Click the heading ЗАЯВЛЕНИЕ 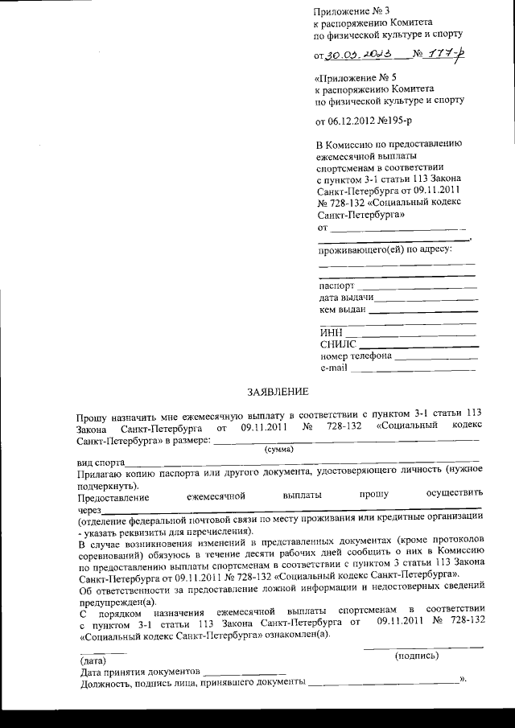[277, 392]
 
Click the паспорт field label [336, 285]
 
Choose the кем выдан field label [343, 309]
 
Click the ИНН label [331, 332]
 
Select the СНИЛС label [338, 344]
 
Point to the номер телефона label [356, 356]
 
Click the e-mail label [333, 368]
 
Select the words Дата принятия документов [138, 671]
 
